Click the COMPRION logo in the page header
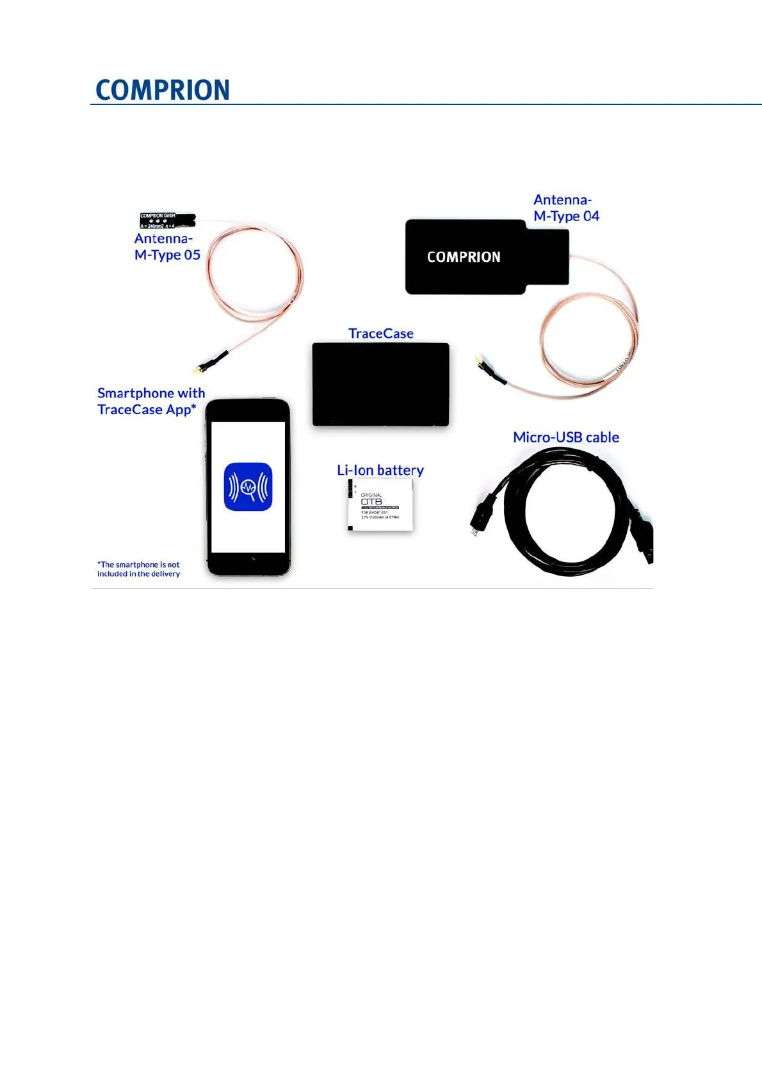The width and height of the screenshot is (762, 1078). (163, 90)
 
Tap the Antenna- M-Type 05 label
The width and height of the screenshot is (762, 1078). (167, 246)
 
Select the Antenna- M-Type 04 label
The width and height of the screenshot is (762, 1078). (566, 208)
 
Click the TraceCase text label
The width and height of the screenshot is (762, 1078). (381, 334)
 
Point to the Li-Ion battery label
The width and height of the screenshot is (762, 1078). (380, 471)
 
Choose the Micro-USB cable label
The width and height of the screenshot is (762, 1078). (566, 437)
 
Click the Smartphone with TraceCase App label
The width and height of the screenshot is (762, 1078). (150, 401)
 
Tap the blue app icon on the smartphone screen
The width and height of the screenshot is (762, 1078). (248, 487)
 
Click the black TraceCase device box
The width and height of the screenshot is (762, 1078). (381, 385)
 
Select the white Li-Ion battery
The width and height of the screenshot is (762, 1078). (380, 506)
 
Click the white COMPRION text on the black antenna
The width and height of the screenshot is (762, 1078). (464, 257)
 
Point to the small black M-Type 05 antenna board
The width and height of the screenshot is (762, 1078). (167, 221)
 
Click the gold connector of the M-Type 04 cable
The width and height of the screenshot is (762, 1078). (478, 362)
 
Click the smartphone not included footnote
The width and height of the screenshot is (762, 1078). (139, 569)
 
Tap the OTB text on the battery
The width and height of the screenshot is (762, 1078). (371, 502)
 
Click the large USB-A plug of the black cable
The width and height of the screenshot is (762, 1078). (644, 538)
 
